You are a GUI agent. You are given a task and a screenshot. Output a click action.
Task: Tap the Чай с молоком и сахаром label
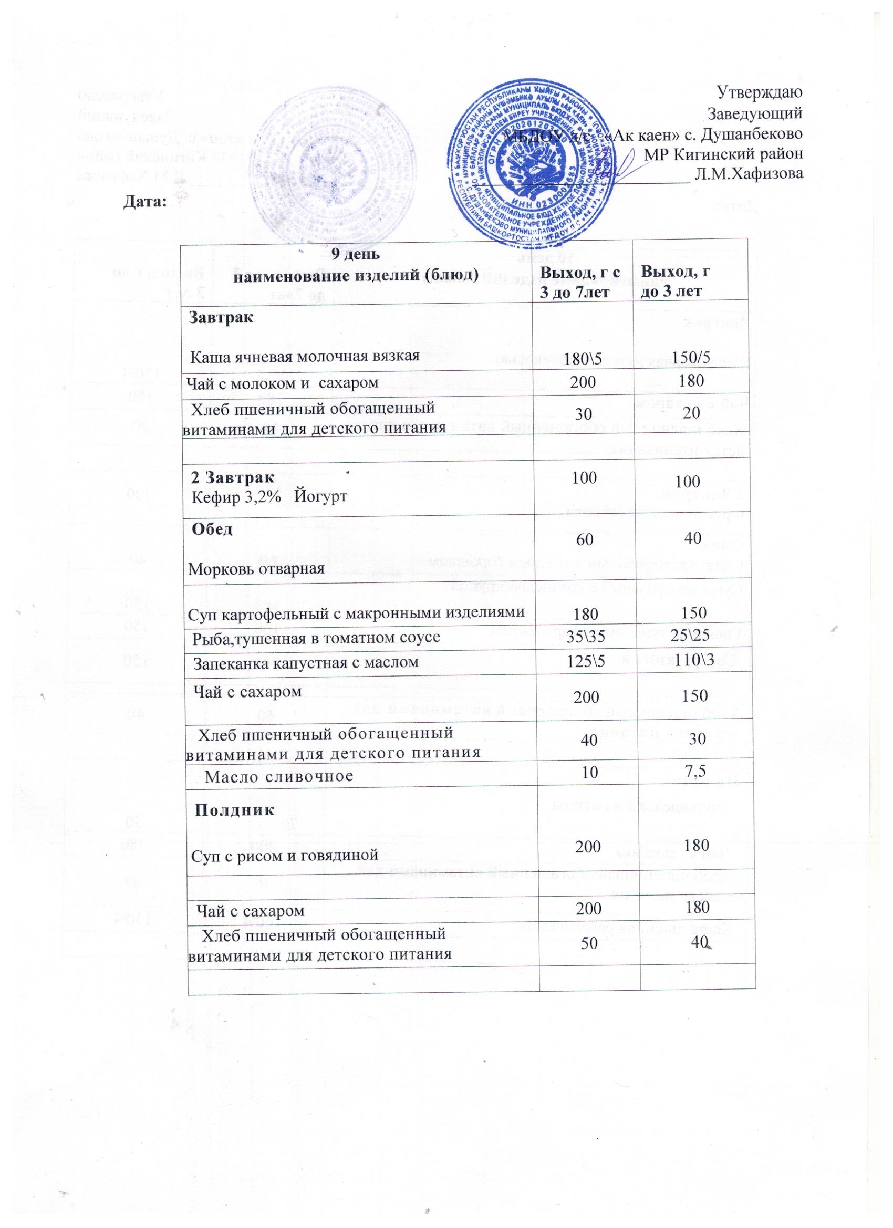[x=282, y=383]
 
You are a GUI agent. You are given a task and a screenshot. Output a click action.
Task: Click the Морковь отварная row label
[x=256, y=569]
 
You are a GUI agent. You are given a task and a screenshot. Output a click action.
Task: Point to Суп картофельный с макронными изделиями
[x=357, y=613]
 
